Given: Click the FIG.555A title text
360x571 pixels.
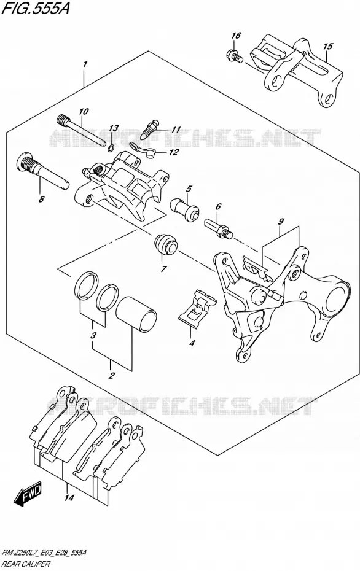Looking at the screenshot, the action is (35, 9).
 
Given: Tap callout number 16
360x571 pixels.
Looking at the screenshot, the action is (236, 36).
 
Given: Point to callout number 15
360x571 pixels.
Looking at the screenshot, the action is (328, 46).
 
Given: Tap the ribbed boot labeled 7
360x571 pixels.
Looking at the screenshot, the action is (166, 244).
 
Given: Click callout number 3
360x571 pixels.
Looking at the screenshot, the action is (93, 335).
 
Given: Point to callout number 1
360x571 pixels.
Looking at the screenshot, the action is (85, 64).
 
